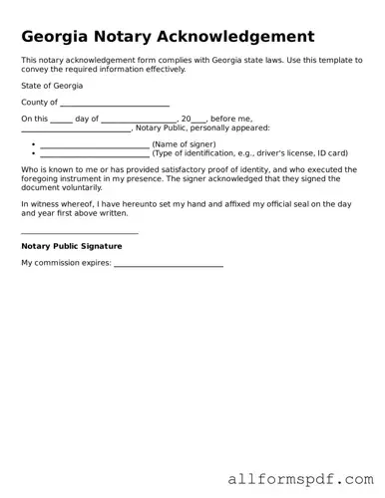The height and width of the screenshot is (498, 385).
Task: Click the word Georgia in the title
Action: pos(57,37)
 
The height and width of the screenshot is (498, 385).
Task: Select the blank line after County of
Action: pos(115,103)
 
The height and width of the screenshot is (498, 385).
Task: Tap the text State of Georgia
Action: pos(51,87)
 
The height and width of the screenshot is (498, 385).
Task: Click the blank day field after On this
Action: pos(61,119)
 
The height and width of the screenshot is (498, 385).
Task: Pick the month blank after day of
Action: pos(139,119)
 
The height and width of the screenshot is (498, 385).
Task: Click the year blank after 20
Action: pos(199,119)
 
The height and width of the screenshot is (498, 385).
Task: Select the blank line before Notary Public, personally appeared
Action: pos(76,128)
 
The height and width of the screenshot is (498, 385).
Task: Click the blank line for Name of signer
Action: pos(95,144)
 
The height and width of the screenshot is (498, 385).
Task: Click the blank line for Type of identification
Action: pos(95,153)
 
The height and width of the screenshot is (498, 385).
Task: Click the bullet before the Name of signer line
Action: pos(33,145)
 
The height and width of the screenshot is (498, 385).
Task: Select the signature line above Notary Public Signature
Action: pos(80,233)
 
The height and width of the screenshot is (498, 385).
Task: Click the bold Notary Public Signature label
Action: pos(72,246)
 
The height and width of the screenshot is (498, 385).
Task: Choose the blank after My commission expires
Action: pos(169,265)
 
